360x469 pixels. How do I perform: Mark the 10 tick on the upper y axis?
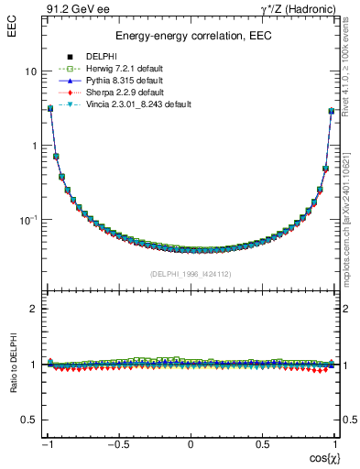(30, 71)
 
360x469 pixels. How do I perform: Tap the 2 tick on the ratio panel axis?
(32, 309)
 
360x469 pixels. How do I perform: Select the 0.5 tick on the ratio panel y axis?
(28, 420)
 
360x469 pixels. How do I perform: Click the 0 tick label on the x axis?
(191, 445)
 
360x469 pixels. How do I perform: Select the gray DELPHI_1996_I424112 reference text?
(191, 274)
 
